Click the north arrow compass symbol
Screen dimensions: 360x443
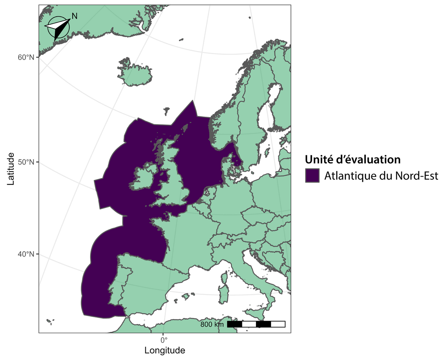[58, 27]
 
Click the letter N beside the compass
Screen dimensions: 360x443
[75, 16]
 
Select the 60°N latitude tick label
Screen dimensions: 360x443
[27, 57]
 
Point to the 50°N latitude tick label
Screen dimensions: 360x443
[27, 162]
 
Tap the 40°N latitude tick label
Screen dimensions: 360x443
[27, 254]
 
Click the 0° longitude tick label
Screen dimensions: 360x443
[163, 339]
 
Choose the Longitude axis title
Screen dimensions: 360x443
[165, 350]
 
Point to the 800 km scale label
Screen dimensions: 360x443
[212, 324]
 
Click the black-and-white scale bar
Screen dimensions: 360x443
[256, 324]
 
